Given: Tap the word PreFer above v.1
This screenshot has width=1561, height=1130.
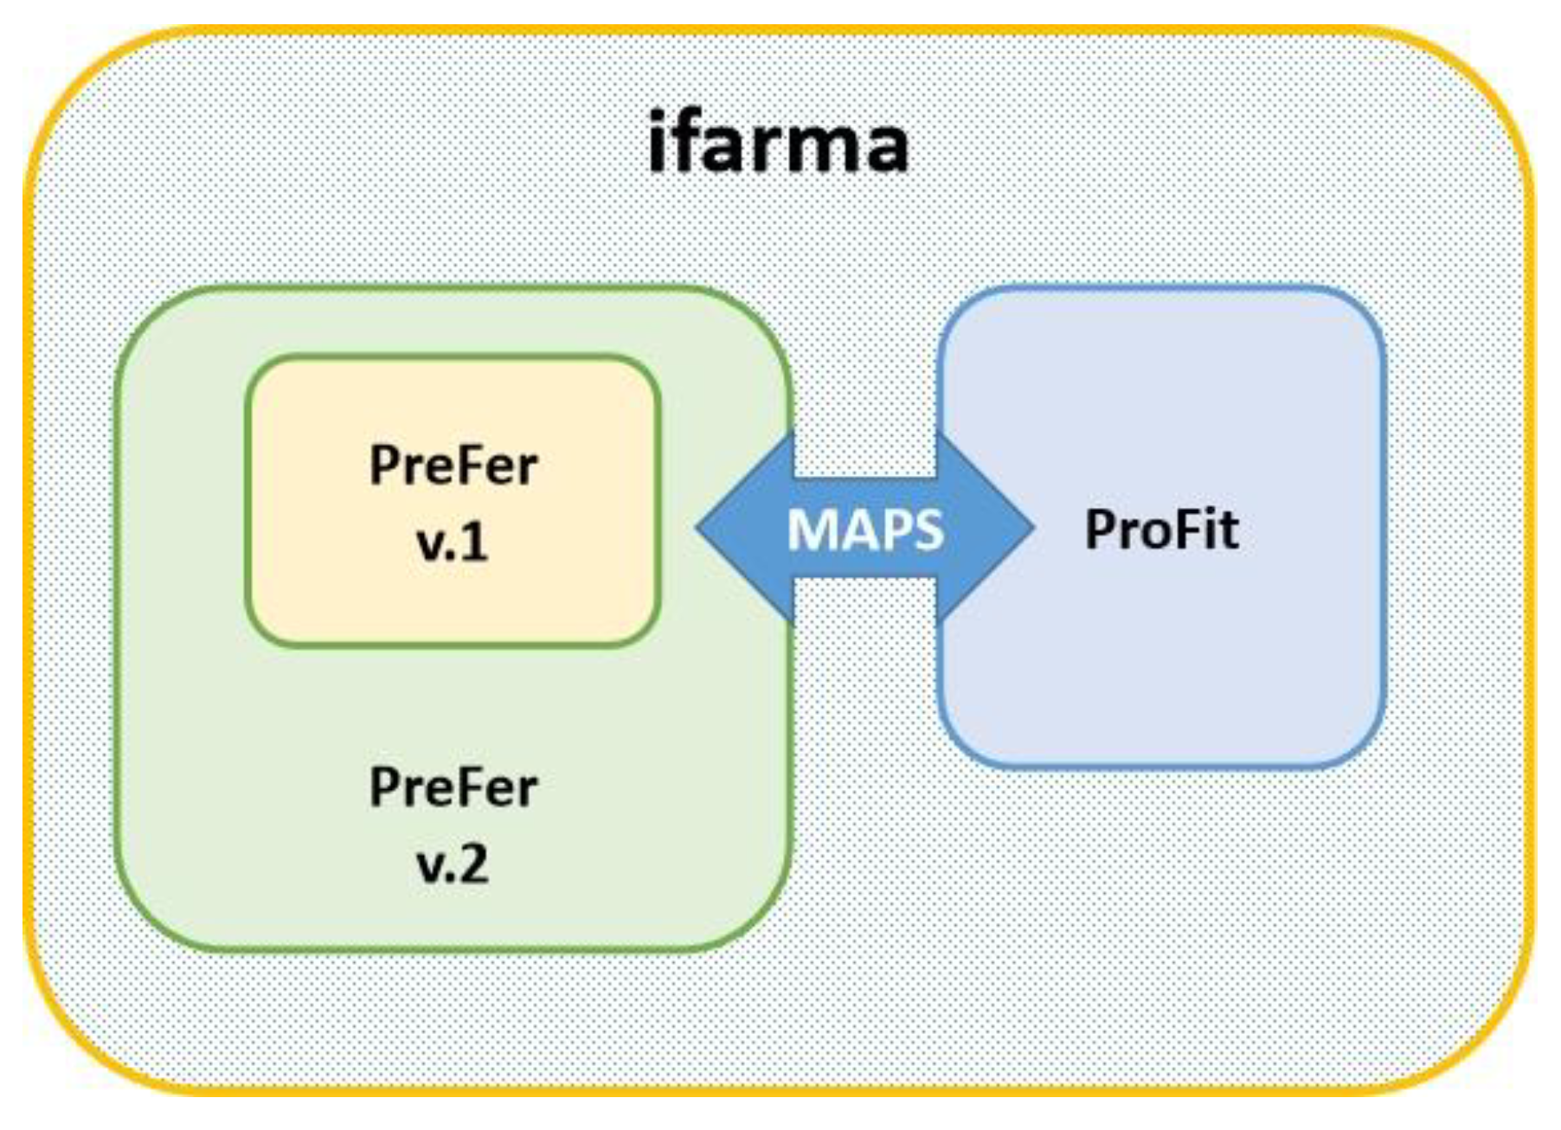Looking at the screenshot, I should (x=453, y=465).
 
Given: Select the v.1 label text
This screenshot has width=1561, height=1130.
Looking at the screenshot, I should (x=453, y=543).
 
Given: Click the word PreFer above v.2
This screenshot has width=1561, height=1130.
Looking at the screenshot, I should (x=453, y=787).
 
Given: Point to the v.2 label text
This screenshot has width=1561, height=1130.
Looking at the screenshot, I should (x=453, y=864).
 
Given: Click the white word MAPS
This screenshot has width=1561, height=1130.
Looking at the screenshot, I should (x=864, y=530).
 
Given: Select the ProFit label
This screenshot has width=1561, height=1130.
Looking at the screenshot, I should (x=1161, y=530).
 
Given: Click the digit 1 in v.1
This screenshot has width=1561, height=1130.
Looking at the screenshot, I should (x=475, y=543).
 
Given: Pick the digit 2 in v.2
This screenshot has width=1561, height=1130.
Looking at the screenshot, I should (x=474, y=864).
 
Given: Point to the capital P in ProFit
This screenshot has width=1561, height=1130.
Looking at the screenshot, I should (x=1102, y=530).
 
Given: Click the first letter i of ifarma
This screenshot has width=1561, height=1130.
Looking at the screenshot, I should (x=657, y=140).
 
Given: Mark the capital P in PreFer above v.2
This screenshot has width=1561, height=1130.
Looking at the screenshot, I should (x=383, y=787).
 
